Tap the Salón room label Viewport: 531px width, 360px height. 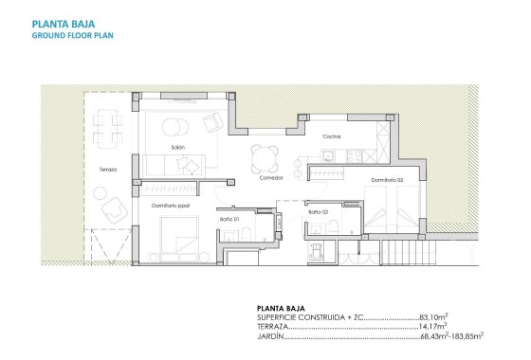tap(177, 148)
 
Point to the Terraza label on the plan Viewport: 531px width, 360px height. tap(107, 170)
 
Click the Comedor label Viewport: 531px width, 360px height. tap(271, 177)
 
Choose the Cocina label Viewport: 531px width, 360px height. tap(331, 136)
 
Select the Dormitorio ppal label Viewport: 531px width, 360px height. tap(171, 205)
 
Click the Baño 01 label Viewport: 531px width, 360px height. tap(230, 219)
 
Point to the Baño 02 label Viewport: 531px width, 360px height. tap(318, 211)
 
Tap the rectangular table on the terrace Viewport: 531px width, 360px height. tap(106, 124)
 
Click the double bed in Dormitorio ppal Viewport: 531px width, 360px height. tap(179, 237)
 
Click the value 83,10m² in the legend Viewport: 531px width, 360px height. tap(432, 317)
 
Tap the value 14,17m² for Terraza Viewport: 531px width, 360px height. tap(432, 326)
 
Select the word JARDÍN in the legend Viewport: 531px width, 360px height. tap(271, 335)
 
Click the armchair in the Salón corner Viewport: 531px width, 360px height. tap(214, 121)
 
